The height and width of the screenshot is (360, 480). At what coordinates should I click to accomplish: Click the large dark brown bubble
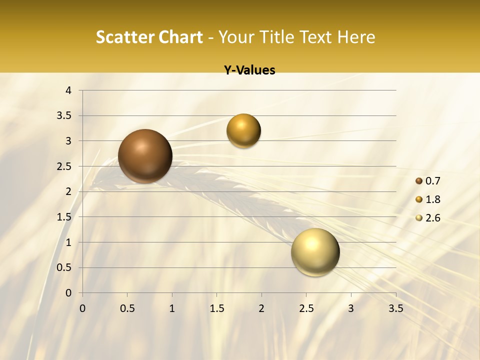pyautogui.click(x=145, y=156)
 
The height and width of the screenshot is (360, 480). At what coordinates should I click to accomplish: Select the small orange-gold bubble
pyautogui.click(x=243, y=131)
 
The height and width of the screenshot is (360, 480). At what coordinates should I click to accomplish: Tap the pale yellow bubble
pyautogui.click(x=315, y=252)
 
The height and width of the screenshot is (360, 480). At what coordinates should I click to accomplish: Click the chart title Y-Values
pyautogui.click(x=249, y=70)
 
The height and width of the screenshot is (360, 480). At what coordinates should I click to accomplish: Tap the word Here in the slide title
pyautogui.click(x=356, y=37)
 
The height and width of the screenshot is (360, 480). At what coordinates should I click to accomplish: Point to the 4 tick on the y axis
pyautogui.click(x=68, y=90)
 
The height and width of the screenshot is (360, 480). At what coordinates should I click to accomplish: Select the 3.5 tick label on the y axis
pyautogui.click(x=65, y=116)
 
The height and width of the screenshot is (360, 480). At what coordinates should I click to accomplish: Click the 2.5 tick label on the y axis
pyautogui.click(x=65, y=166)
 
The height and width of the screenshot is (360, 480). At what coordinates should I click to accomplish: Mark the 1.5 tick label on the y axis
pyautogui.click(x=65, y=217)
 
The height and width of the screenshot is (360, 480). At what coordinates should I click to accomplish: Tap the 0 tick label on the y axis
pyautogui.click(x=68, y=293)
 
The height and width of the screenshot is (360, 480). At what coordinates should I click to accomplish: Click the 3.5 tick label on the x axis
pyautogui.click(x=395, y=308)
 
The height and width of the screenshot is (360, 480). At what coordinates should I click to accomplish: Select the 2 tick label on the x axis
pyautogui.click(x=261, y=308)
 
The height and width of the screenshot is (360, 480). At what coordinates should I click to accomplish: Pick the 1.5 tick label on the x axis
pyautogui.click(x=216, y=308)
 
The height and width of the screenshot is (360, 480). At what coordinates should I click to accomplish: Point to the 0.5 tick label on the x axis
pyautogui.click(x=127, y=308)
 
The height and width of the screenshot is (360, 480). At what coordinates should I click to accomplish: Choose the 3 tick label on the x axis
pyautogui.click(x=351, y=308)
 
